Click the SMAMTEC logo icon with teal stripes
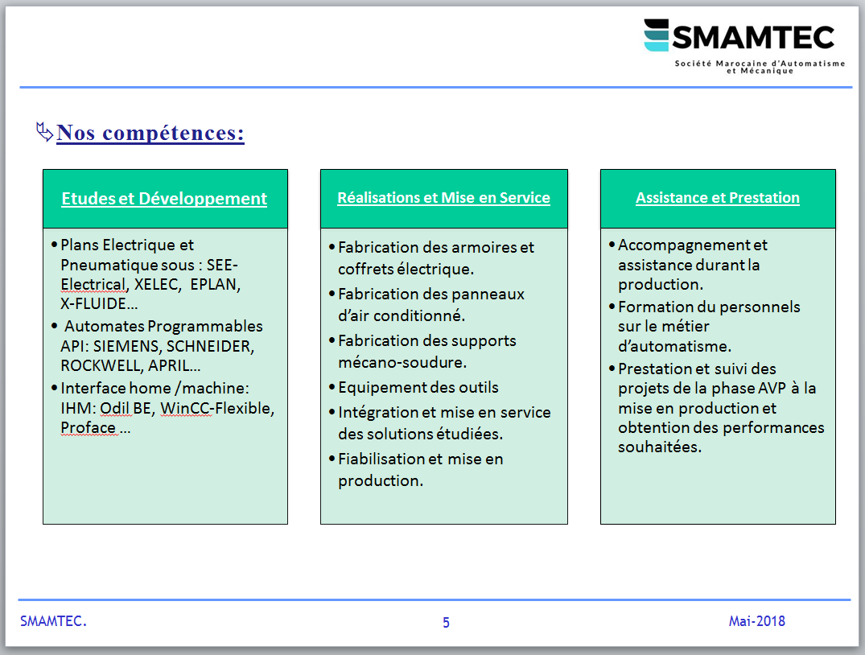(x=657, y=35)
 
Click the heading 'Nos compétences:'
(x=150, y=133)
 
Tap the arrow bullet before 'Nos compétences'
(x=44, y=132)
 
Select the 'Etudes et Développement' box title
(x=164, y=199)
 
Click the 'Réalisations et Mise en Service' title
(x=443, y=198)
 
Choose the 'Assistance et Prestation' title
(x=717, y=198)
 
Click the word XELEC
(x=157, y=284)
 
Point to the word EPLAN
(x=216, y=284)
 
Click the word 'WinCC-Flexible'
(x=217, y=408)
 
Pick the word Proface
(x=89, y=427)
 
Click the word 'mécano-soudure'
(x=402, y=363)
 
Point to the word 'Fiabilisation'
(x=381, y=459)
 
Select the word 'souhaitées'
(x=660, y=447)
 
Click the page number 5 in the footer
(x=446, y=623)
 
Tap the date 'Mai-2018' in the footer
(x=757, y=621)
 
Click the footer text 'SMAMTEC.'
(x=54, y=621)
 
